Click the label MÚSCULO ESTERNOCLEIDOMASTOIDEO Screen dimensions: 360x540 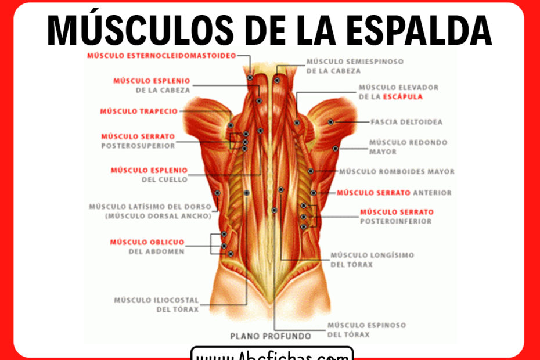click(x=161, y=56)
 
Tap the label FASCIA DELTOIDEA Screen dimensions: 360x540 click(x=406, y=122)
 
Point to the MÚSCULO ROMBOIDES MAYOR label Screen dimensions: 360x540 click(x=397, y=172)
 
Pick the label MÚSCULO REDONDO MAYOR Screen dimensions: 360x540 click(x=400, y=147)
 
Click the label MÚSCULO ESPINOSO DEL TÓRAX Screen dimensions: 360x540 click(x=366, y=330)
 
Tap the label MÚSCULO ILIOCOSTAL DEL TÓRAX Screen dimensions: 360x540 click(x=156, y=305)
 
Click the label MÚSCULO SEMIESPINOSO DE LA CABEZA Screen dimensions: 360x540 click(x=355, y=66)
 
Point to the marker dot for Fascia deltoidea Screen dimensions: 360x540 click(x=330, y=122)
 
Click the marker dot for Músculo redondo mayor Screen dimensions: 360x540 click(x=335, y=149)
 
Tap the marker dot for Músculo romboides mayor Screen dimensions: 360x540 click(x=311, y=171)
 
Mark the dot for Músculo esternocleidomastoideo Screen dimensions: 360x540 click(x=250, y=77)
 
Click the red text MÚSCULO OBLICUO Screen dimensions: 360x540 click(x=147, y=242)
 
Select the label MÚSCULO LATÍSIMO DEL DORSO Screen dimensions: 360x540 click(x=150, y=207)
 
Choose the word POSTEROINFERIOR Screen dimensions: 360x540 click(x=396, y=221)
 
